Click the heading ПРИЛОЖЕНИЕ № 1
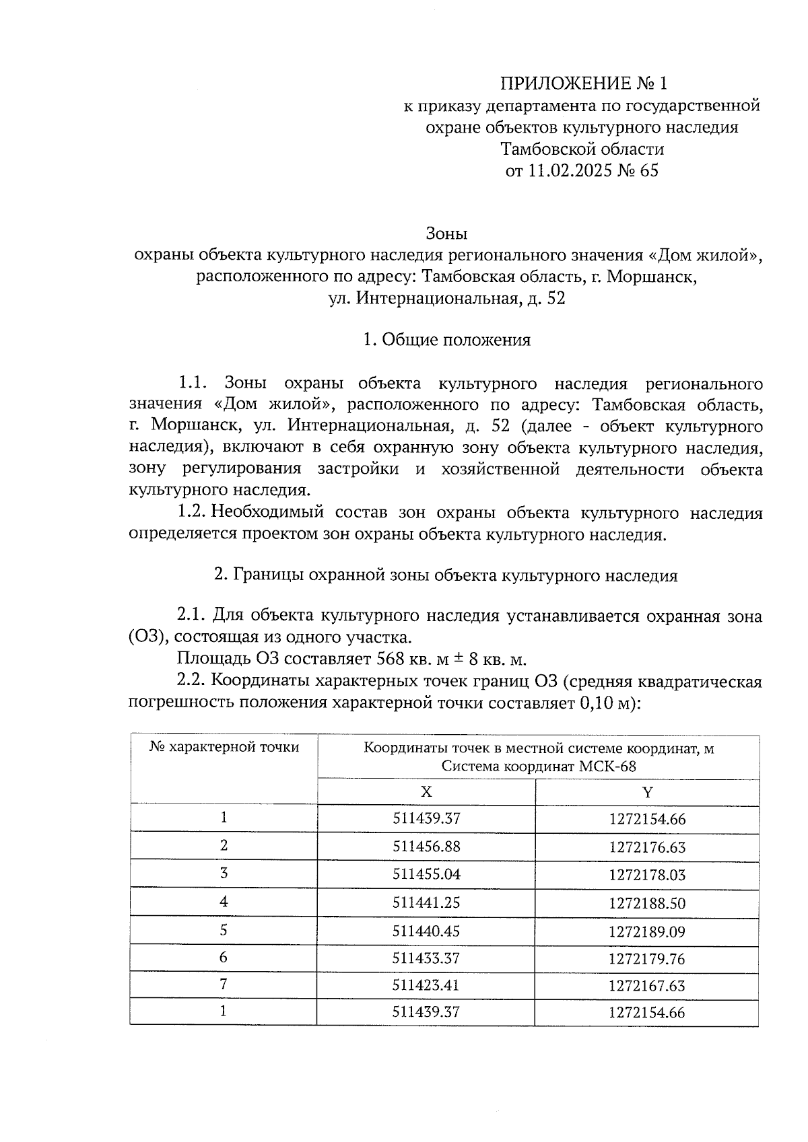click(x=583, y=83)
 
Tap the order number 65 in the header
click(x=649, y=170)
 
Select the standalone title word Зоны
click(x=447, y=234)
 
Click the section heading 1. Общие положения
click(x=447, y=340)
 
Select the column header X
click(x=426, y=791)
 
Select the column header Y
click(x=647, y=791)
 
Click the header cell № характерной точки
click(x=224, y=747)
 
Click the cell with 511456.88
click(x=426, y=846)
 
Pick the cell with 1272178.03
click(x=647, y=874)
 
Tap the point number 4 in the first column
click(x=224, y=901)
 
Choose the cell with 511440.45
click(x=426, y=931)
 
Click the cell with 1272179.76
click(x=647, y=958)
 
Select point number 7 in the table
click(x=224, y=985)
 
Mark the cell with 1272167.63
click(x=647, y=986)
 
